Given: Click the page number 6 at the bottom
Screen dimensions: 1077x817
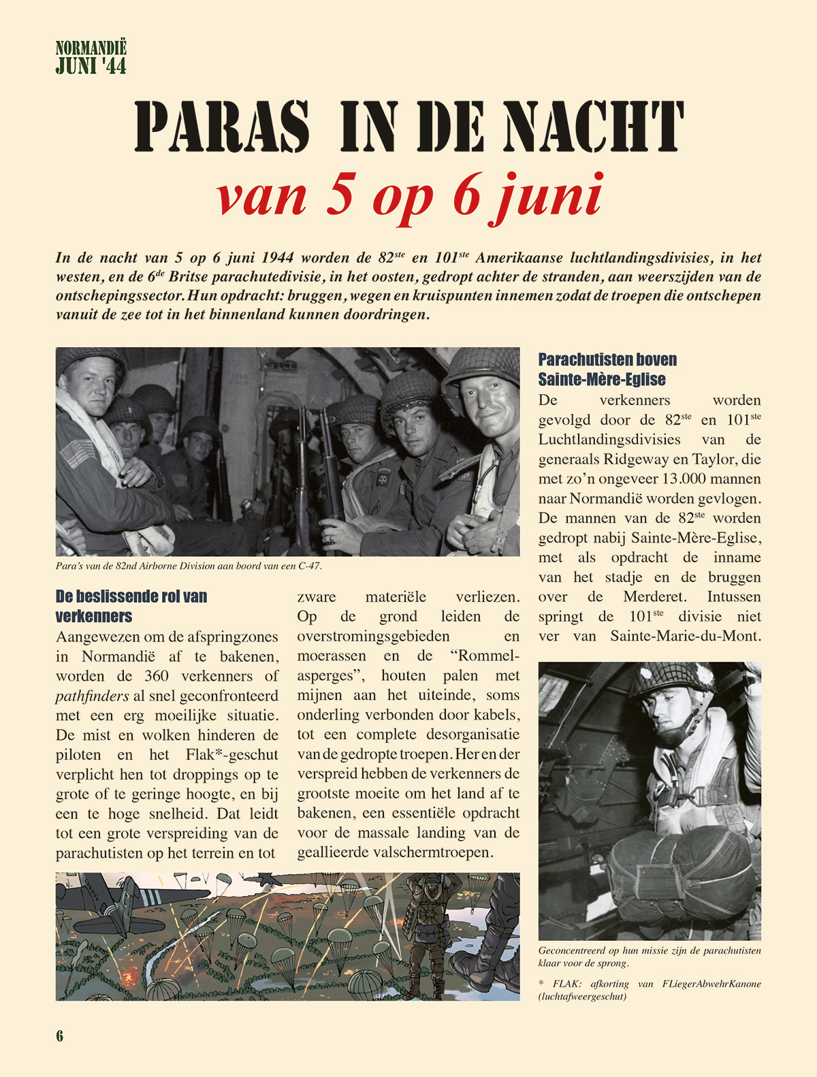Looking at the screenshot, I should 60,1035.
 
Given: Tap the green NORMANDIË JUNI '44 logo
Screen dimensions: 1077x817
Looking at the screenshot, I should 91,57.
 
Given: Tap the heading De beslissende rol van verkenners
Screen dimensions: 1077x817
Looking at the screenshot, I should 131,606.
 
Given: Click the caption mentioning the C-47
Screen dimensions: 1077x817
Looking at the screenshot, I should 189,566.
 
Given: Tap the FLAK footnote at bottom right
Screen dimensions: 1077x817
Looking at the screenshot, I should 649,990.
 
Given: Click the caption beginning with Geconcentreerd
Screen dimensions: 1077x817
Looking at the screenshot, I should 649,957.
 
